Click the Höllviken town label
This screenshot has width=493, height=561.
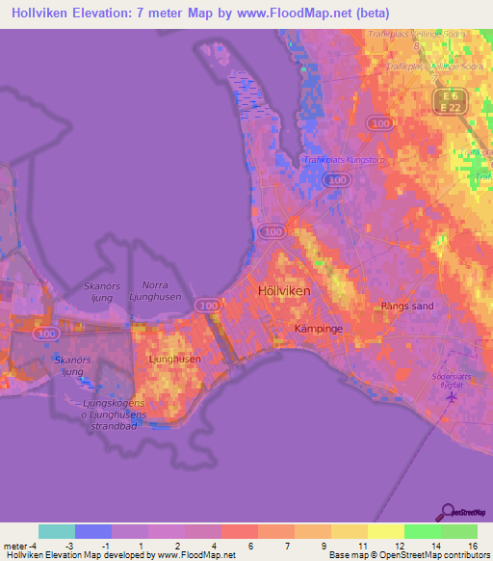tap(284, 290)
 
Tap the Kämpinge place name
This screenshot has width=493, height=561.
tap(318, 329)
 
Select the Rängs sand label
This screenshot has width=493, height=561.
tap(407, 307)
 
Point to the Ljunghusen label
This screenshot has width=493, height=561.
tap(175, 359)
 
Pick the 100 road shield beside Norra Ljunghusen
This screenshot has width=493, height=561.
tap(207, 305)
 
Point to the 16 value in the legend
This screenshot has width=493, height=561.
tap(472, 548)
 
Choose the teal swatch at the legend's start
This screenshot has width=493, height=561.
tap(56, 531)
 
